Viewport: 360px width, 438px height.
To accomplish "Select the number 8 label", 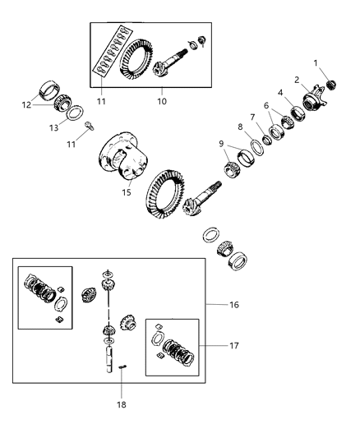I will coord(240,127).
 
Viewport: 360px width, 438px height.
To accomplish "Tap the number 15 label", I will coord(126,192).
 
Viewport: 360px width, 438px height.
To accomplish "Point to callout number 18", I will coord(121,403).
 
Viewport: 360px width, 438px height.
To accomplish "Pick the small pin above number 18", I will coord(122,367).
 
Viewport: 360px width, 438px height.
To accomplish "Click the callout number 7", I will coord(253,117).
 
